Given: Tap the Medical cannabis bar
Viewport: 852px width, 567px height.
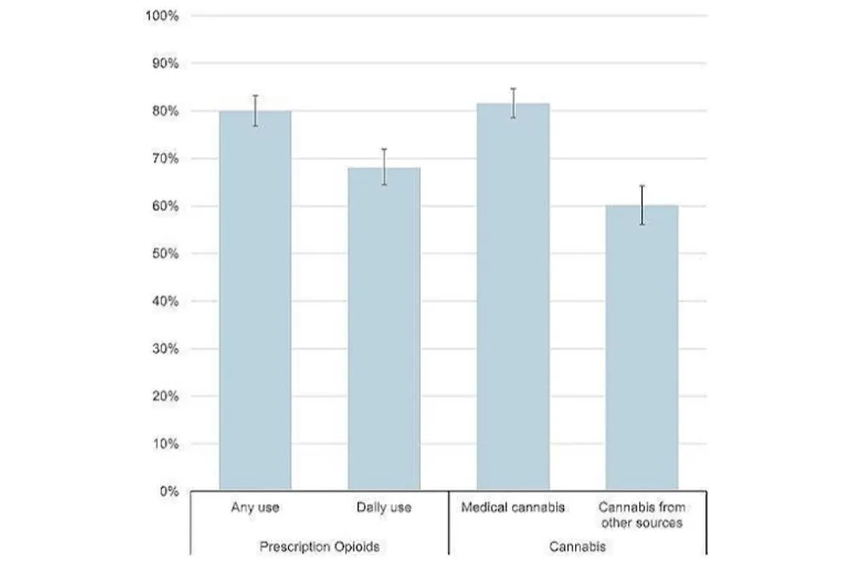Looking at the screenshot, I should coord(513,297).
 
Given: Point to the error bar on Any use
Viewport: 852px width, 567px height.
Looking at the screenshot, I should coord(255,111).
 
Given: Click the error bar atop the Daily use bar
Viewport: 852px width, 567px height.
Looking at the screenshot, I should coord(384,167).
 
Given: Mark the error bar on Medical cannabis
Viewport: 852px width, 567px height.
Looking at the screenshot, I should coord(513,103).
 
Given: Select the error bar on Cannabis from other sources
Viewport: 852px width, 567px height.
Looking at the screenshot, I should coord(642,205).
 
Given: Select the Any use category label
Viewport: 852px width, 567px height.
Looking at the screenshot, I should coord(255,508).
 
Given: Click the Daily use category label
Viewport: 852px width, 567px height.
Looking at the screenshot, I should coord(384,508).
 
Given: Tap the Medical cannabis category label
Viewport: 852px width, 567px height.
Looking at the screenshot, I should coord(513,508).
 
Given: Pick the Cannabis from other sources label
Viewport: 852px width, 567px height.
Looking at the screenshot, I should coord(642,515).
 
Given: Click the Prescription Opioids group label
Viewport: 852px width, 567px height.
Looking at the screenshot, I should coord(319,547).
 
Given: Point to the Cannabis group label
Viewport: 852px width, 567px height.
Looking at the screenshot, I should coord(578,547).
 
